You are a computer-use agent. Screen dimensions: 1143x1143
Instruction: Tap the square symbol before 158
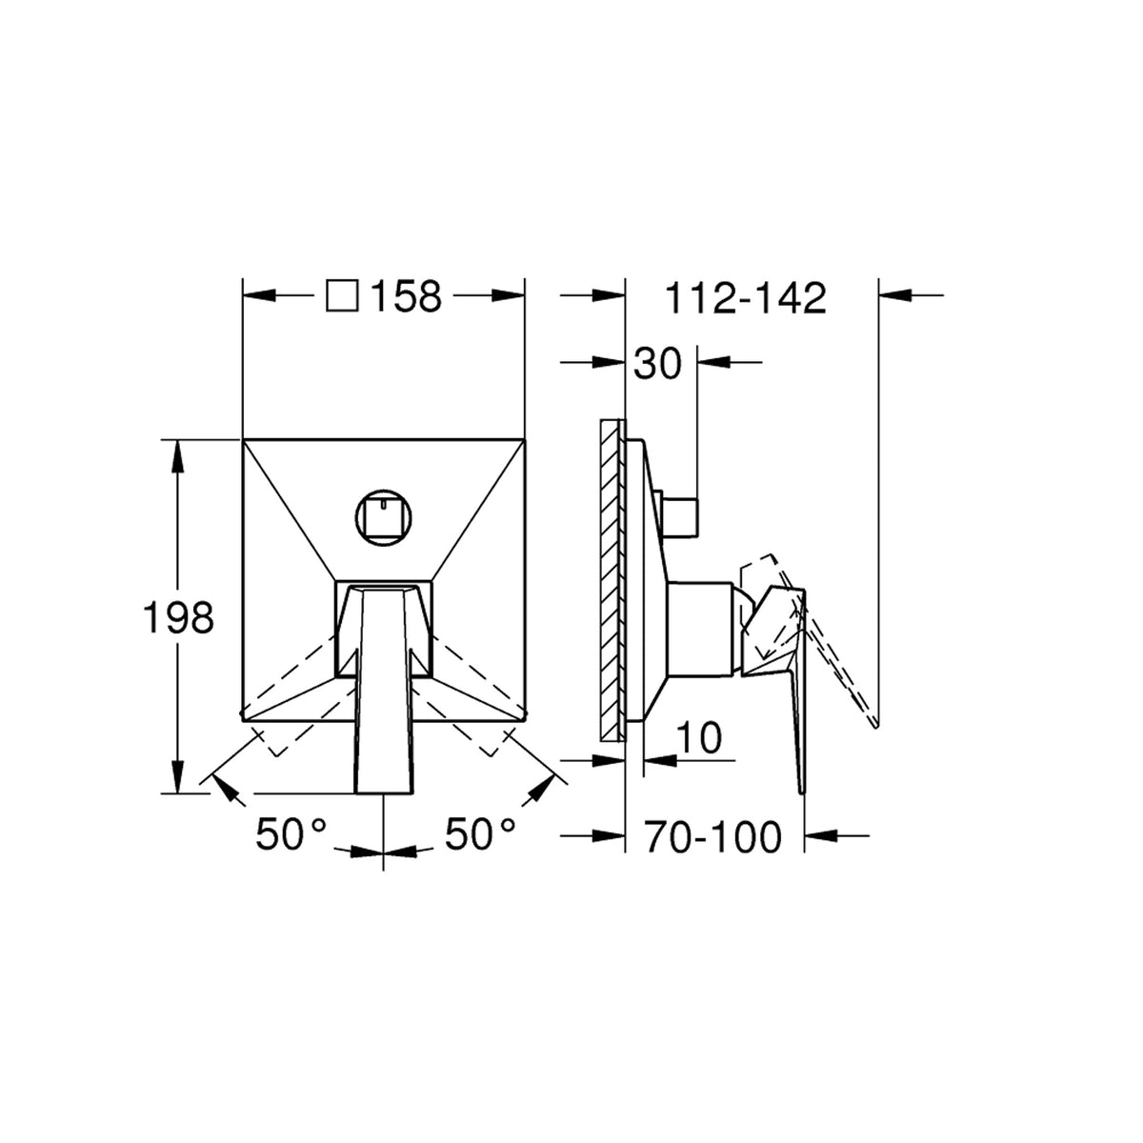coord(342,295)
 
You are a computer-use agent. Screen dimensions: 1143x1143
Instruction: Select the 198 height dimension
coord(178,617)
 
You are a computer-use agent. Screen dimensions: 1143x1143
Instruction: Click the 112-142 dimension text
coord(746,298)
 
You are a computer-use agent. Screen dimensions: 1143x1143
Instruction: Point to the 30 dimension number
coord(657,364)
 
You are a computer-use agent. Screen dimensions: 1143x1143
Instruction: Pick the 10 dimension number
coord(699,738)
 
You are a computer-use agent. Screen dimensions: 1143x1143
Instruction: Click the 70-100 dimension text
coord(713,837)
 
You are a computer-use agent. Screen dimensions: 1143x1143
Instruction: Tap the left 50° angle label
coord(291,833)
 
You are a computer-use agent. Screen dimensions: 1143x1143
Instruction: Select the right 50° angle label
coord(480,833)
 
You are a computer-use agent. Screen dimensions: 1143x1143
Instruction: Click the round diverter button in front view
coord(384,518)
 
